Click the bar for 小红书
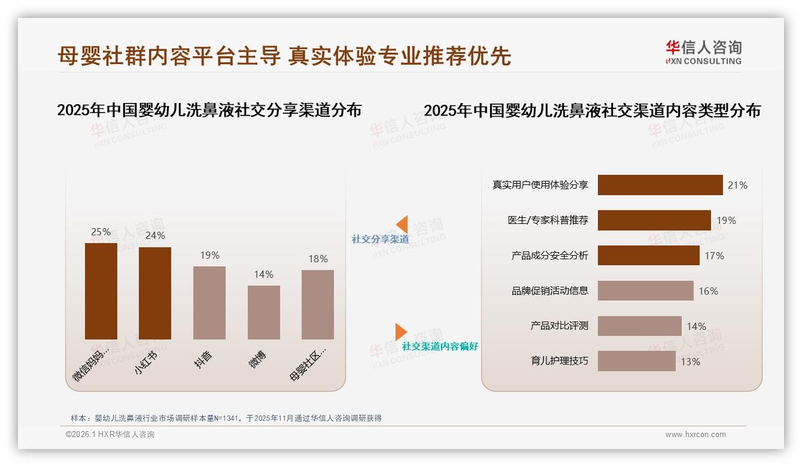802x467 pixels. [155, 293]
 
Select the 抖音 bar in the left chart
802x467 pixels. [209, 302]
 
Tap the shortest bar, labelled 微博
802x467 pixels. [264, 312]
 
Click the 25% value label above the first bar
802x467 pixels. [101, 232]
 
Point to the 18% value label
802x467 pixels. [318, 259]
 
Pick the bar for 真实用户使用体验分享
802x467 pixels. [660, 185]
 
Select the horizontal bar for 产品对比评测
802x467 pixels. [639, 326]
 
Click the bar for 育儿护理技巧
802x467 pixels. [636, 361]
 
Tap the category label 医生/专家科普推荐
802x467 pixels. [548, 220]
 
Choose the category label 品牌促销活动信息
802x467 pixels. [549, 291]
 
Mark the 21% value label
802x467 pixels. [737, 185]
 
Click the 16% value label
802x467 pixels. [708, 291]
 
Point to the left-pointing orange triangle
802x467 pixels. [402, 224]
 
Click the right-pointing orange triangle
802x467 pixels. [400, 332]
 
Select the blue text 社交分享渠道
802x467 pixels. [380, 239]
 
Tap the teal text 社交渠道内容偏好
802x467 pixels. [440, 347]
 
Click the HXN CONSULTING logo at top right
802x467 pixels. [703, 53]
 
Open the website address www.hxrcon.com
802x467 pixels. [695, 435]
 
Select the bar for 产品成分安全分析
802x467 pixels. [648, 256]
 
